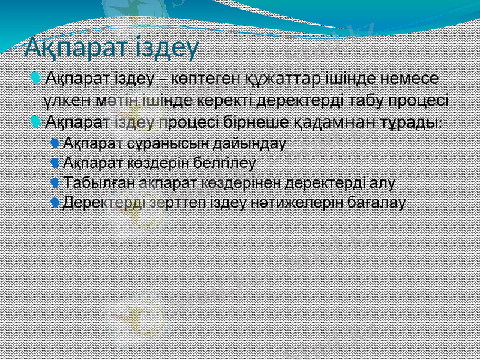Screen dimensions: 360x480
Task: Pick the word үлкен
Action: coord(65,100)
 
